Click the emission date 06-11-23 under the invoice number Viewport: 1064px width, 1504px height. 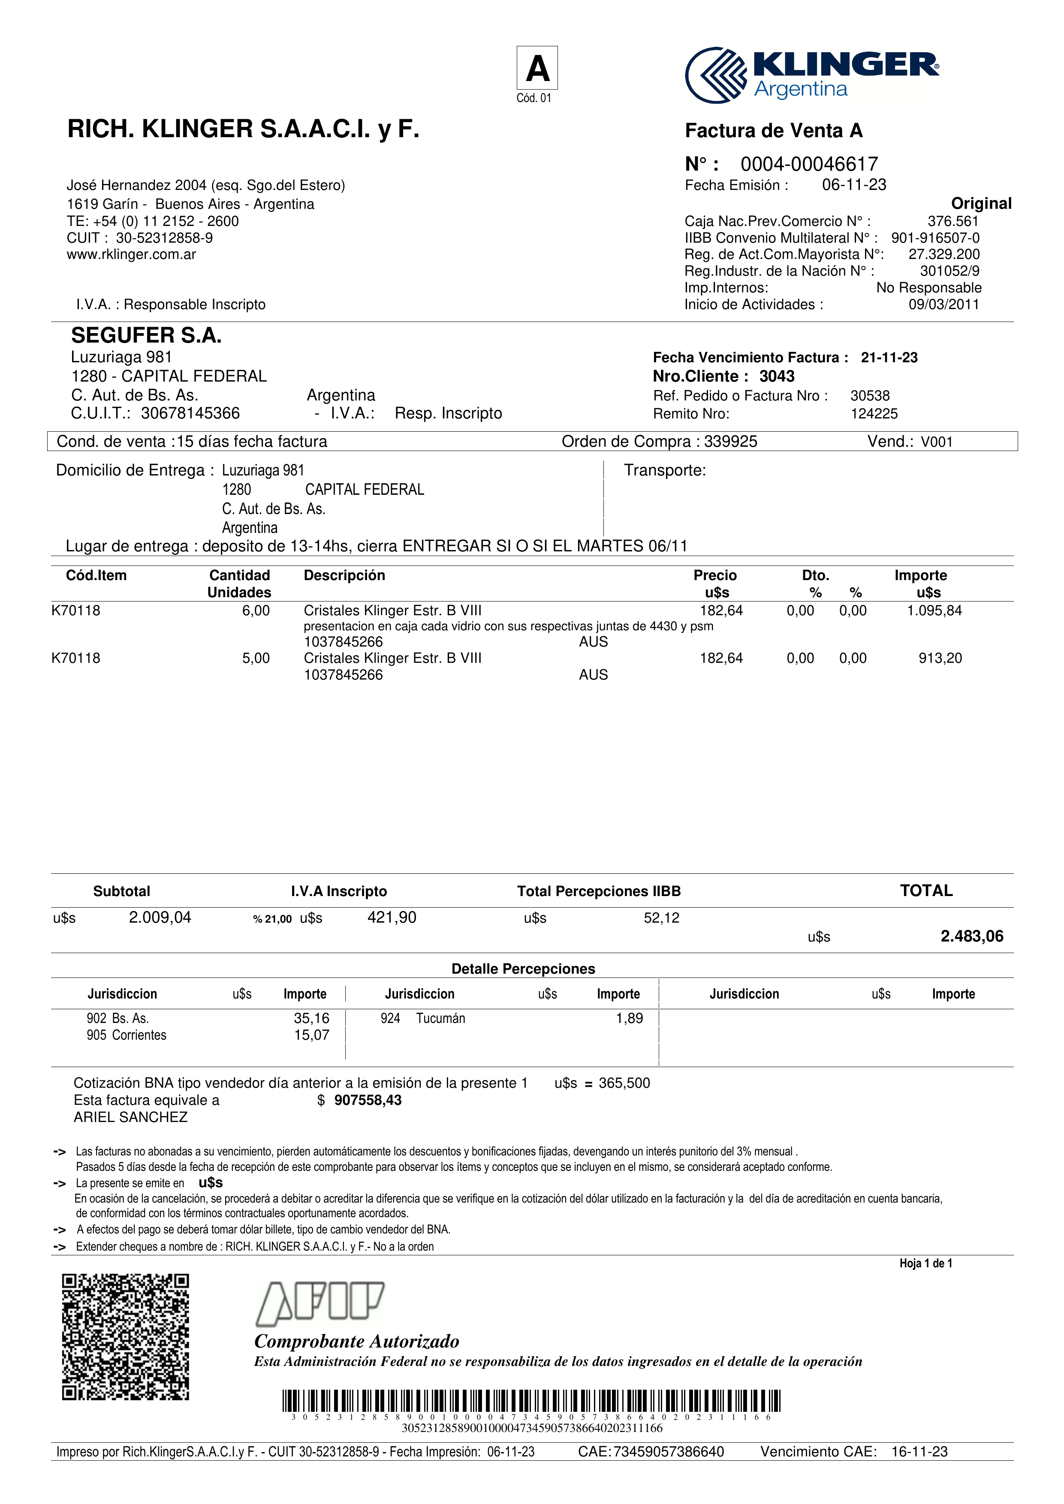coord(854,185)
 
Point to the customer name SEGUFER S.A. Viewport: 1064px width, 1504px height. coord(146,335)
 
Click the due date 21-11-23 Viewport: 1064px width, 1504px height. coord(889,358)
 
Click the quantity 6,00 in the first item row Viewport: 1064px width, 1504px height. coord(256,611)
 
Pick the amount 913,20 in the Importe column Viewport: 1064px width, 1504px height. coord(940,659)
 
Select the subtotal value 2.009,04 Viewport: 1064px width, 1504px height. coord(160,917)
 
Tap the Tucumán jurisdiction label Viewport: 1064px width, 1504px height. coord(440,1018)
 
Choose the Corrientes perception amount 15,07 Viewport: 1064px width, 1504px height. coord(311,1035)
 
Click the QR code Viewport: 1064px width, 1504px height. coord(125,1337)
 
